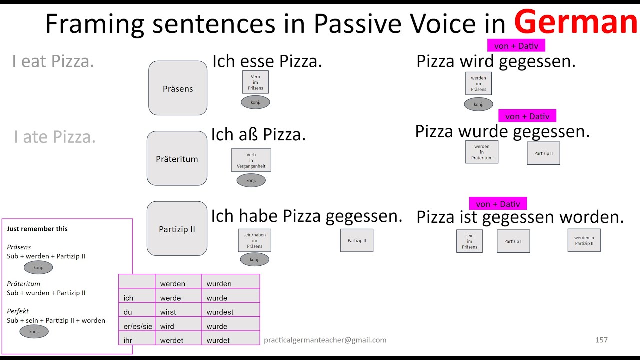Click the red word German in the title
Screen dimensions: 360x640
pos(576,22)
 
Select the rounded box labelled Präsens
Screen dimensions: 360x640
pos(178,88)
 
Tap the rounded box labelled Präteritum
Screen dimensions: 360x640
pos(177,159)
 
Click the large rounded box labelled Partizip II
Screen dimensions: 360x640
pos(177,229)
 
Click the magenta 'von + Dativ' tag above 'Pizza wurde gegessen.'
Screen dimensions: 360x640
pos(527,116)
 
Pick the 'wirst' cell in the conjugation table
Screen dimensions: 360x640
pos(169,312)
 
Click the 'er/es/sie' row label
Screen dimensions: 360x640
pos(138,326)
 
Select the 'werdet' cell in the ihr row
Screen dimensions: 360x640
pos(171,340)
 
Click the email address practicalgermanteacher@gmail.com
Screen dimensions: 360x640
pos(325,340)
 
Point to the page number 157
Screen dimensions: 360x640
pos(601,340)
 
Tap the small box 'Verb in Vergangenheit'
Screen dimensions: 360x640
pos(251,160)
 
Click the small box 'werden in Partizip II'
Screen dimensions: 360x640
pos(584,240)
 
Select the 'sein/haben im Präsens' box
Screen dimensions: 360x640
pos(254,240)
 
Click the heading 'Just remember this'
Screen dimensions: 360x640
pos(37,229)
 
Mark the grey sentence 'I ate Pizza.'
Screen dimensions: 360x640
pos(55,137)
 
